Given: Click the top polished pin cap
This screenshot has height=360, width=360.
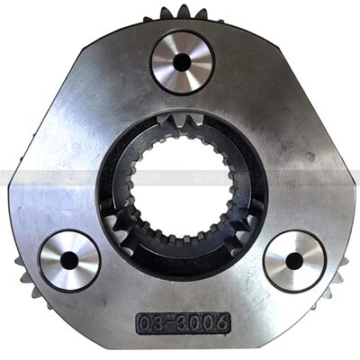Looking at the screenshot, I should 182,63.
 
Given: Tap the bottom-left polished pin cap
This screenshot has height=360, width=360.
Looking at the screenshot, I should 69,260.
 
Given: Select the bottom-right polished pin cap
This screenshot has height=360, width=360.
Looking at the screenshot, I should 294,261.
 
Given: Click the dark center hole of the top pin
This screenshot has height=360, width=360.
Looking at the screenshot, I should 182,63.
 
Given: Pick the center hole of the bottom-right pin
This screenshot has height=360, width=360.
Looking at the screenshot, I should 294,261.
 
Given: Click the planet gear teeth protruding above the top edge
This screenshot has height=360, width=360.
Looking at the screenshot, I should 183,15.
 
